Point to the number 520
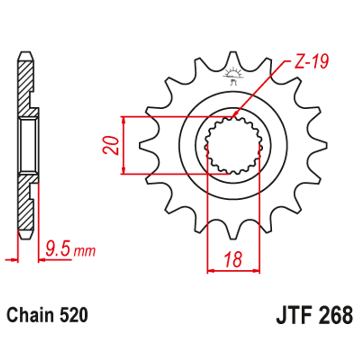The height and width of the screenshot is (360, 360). [x=74, y=315]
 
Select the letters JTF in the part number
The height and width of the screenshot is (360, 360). [x=293, y=316]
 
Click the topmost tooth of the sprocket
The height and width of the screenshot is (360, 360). [x=234, y=60]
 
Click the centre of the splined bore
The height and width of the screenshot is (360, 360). [x=234, y=146]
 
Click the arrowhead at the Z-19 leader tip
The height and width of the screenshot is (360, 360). [x=234, y=116]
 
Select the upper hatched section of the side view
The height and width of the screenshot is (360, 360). [x=26, y=83]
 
